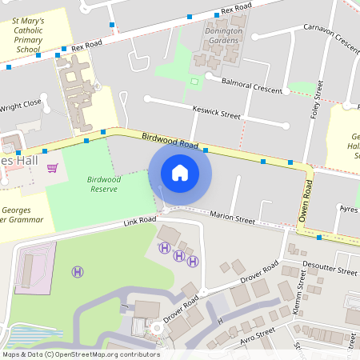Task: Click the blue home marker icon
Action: click(180, 173)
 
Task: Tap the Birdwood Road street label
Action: click(170, 142)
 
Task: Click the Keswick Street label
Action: click(216, 113)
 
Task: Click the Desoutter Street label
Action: click(330, 270)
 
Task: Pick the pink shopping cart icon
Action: click(53, 168)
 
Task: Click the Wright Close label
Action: click(20, 105)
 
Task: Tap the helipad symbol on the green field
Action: click(78, 272)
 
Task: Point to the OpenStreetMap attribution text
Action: click(80, 354)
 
